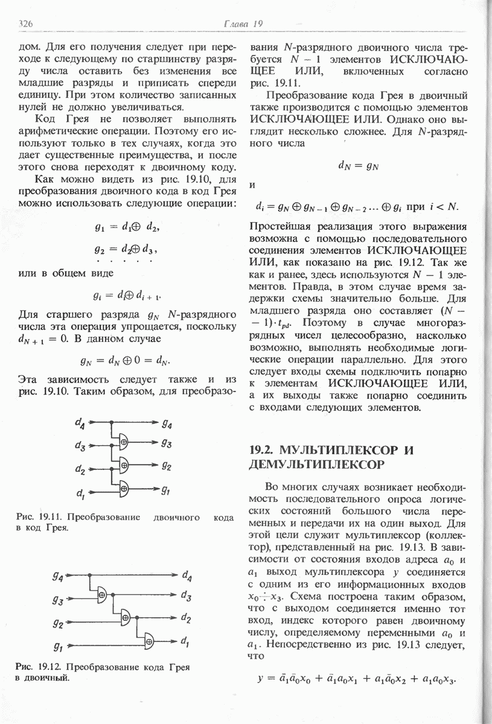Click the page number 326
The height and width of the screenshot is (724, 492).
[26, 24]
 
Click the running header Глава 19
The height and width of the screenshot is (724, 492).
[242, 24]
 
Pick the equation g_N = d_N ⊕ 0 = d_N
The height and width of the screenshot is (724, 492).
[126, 361]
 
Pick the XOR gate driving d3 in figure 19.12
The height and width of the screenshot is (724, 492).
[102, 595]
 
